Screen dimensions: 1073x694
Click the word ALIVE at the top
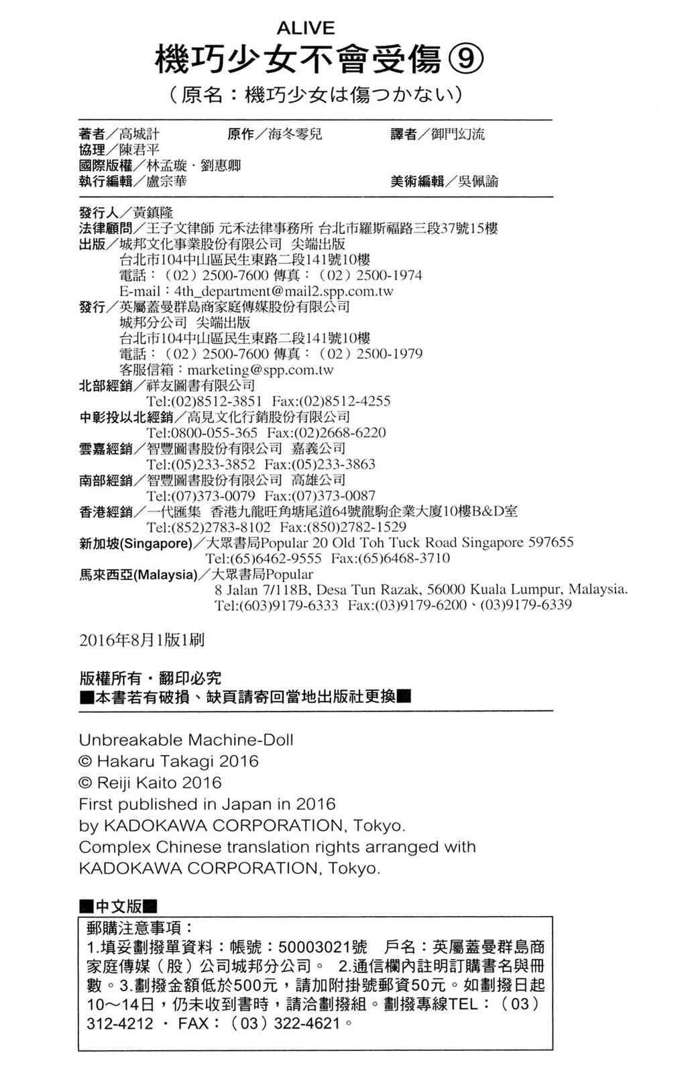coord(305,28)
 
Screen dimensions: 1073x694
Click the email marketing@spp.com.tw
coord(260,370)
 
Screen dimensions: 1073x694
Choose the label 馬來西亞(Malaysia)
coord(138,575)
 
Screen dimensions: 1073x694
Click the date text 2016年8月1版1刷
coord(141,640)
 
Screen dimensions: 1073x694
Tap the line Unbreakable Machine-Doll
coord(186,740)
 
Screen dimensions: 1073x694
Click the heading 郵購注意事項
coord(139,927)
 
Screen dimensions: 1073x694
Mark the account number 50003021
coord(314,947)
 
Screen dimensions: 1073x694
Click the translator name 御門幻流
coord(458,134)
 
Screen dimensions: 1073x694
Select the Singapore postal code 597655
coord(551,543)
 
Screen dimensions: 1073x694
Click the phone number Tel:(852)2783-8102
coord(209,527)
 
